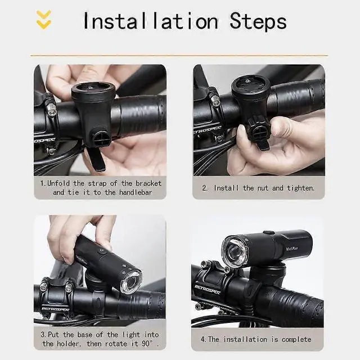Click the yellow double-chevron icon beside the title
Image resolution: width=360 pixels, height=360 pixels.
click(x=44, y=20)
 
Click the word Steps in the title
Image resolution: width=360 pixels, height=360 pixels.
click(x=258, y=21)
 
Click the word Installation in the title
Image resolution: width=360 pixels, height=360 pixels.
click(x=151, y=21)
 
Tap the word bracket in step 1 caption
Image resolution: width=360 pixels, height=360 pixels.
click(x=148, y=183)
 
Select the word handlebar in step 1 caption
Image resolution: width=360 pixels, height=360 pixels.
click(x=136, y=192)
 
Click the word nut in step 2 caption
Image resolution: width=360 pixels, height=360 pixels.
click(x=263, y=188)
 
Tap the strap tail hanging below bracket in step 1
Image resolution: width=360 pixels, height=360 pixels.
click(x=97, y=159)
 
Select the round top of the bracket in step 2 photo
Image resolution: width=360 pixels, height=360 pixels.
click(x=251, y=86)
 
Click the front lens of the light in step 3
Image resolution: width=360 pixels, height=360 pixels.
click(x=131, y=282)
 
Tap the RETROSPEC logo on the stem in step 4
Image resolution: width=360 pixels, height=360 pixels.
click(x=208, y=289)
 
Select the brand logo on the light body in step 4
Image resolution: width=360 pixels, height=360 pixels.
click(x=291, y=249)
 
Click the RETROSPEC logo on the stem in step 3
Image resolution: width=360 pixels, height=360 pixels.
click(x=55, y=309)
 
